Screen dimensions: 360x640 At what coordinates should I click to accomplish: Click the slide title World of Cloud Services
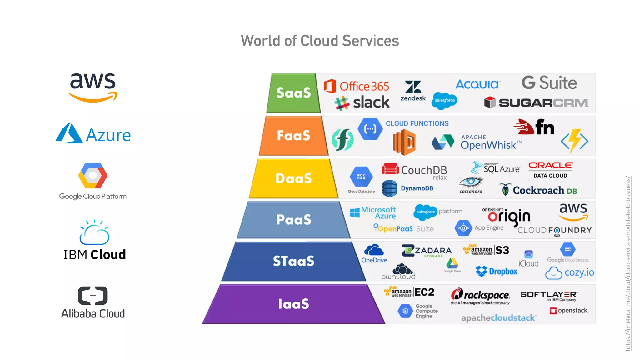(320, 41)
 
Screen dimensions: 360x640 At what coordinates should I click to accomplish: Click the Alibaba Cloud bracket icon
(93, 295)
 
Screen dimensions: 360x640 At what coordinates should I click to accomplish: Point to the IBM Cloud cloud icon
(94, 233)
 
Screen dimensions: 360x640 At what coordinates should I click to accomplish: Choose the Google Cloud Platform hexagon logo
(93, 176)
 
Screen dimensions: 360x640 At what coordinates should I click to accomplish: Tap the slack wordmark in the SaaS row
(371, 102)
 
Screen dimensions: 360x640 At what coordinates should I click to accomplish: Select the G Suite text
(549, 83)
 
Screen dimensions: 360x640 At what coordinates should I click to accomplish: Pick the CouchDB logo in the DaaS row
(415, 170)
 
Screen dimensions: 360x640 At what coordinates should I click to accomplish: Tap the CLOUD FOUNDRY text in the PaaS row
(555, 231)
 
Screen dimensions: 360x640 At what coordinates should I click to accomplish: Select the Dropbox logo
(497, 271)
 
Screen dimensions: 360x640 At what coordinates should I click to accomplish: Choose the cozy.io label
(570, 273)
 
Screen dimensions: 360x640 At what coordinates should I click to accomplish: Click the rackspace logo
(480, 295)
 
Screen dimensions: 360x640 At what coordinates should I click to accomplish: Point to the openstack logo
(569, 311)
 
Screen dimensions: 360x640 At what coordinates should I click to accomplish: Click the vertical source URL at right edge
(628, 263)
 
